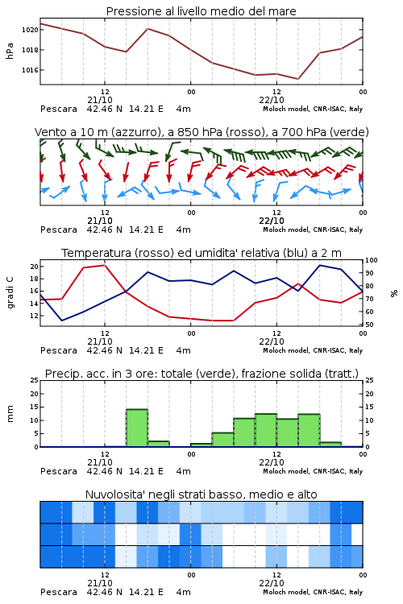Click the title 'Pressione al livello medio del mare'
tap(201, 11)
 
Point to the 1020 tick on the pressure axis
tap(30, 30)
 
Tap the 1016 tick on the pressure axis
tap(30, 70)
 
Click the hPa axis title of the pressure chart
tap(10, 51)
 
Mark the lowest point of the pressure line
tap(297, 79)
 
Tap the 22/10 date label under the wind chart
tap(272, 221)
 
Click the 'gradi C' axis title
tap(10, 292)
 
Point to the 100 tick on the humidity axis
tap(372, 260)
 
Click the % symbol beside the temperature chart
tap(394, 293)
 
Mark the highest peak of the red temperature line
tap(105, 265)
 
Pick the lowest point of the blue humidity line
tap(62, 321)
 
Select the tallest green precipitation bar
tap(137, 428)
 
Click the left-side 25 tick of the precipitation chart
tap(35, 380)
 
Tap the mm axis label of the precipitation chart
tap(10, 414)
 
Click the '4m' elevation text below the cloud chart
tap(183, 592)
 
